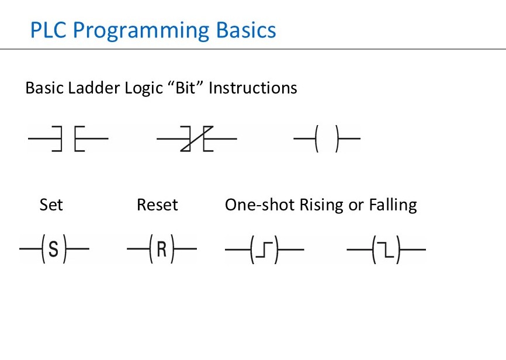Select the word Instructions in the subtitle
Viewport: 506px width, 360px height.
[x=253, y=88]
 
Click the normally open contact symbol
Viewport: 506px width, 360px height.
[x=68, y=139]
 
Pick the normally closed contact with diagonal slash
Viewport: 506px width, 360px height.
[x=197, y=139]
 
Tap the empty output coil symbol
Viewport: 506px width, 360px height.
[x=327, y=139]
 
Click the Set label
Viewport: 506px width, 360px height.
[x=51, y=205]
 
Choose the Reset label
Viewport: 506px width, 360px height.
[x=157, y=205]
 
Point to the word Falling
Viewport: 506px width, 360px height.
[x=393, y=206]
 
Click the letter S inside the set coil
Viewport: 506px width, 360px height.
[x=54, y=250]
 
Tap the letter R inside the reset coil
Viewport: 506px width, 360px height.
[x=162, y=250]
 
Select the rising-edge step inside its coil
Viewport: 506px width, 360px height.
[x=265, y=250]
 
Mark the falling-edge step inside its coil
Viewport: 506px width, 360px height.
[x=386, y=250]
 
